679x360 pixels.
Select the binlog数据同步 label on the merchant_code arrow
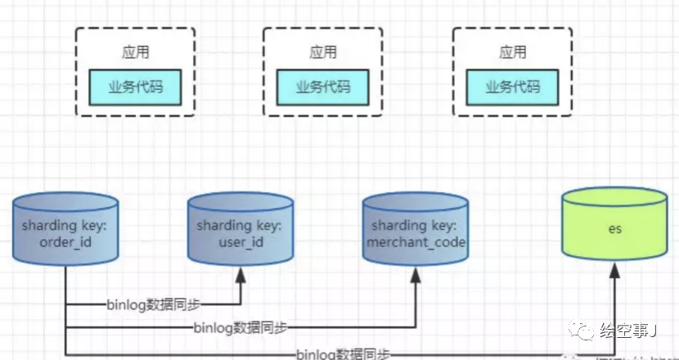pyautogui.click(x=241, y=327)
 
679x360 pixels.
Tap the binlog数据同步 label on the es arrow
pyautogui.click(x=343, y=353)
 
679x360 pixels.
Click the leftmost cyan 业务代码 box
pyautogui.click(x=135, y=88)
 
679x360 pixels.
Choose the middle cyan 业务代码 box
pyautogui.click(x=323, y=88)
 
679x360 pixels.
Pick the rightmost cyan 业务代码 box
pyautogui.click(x=511, y=88)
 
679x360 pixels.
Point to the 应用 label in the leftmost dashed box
pyautogui.click(x=135, y=52)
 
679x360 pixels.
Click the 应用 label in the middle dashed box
pyautogui.click(x=323, y=52)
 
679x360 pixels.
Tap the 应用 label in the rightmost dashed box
pyautogui.click(x=511, y=52)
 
